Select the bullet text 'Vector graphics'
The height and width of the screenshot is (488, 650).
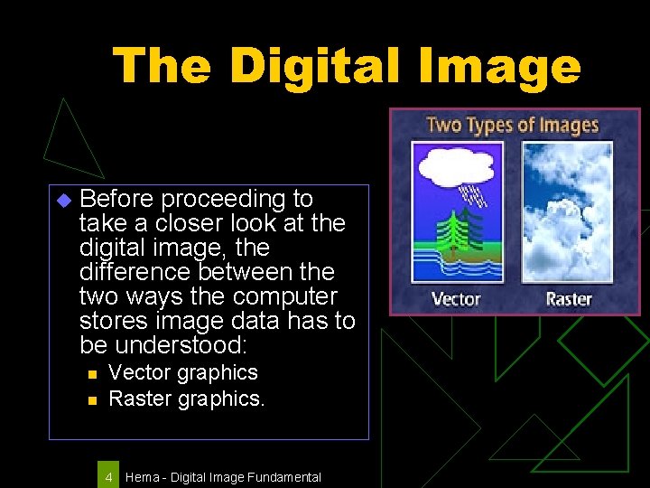coord(182,372)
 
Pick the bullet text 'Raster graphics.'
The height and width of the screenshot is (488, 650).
coord(186,398)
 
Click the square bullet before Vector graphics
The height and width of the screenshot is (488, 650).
coord(90,373)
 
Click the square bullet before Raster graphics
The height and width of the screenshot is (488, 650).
coord(90,399)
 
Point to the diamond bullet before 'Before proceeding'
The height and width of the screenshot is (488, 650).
coord(62,200)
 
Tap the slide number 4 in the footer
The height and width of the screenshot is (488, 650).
coord(108,476)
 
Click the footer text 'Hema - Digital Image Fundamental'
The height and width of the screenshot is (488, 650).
coord(223,476)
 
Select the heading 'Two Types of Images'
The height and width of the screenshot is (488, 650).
coord(512,125)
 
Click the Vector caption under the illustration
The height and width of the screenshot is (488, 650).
coord(456,298)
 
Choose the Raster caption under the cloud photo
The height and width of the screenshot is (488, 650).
coord(568,298)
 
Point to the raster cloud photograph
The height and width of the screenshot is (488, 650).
coord(569,212)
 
